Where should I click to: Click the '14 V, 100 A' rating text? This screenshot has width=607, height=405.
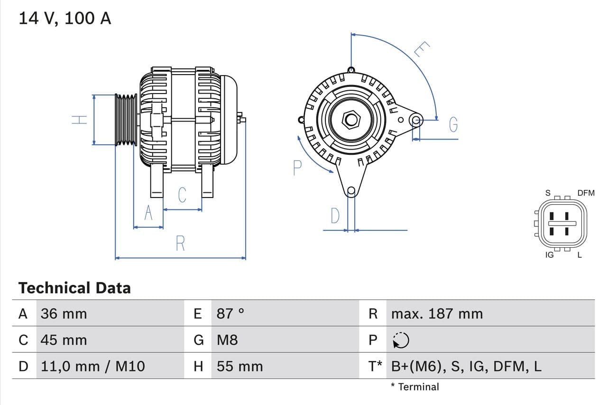(64, 18)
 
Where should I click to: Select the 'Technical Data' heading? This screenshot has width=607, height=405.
(74, 288)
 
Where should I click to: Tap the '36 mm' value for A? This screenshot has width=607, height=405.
(64, 313)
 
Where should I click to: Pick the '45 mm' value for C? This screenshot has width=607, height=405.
(64, 340)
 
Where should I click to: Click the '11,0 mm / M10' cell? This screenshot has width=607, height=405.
(92, 366)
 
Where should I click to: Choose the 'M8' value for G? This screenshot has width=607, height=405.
(227, 340)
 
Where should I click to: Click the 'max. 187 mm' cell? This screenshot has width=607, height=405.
(437, 313)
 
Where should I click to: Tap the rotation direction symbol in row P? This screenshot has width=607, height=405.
(401, 340)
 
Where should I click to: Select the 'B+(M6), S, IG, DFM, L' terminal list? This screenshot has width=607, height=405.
(466, 366)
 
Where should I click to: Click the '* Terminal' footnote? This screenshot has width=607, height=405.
(415, 386)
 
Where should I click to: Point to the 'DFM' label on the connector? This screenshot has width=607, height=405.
(586, 193)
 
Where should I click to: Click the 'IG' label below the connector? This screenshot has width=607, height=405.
(550, 255)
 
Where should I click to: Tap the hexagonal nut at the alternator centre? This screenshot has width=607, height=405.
(351, 120)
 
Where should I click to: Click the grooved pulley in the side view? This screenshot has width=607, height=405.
(126, 120)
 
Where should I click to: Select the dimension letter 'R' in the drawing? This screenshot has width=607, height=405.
(180, 243)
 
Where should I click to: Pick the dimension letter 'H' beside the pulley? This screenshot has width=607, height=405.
(79, 120)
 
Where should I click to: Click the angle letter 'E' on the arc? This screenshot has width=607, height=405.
(421, 49)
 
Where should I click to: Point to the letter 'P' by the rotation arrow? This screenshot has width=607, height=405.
(297, 168)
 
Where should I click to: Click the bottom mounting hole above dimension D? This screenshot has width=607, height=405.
(351, 191)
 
